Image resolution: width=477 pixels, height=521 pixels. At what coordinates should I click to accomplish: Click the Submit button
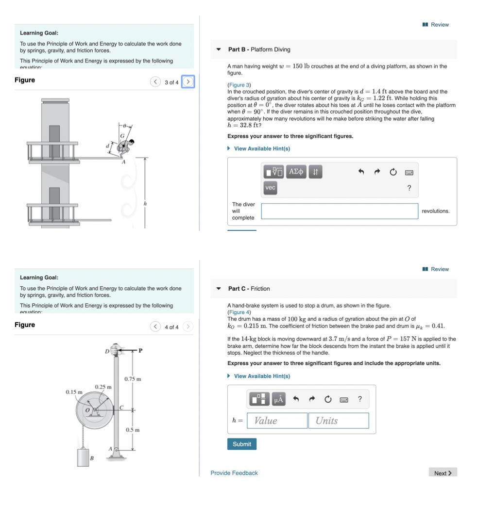[242, 444]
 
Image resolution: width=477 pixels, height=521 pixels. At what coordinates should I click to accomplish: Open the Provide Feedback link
[234, 473]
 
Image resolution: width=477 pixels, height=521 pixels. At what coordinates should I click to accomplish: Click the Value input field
[279, 421]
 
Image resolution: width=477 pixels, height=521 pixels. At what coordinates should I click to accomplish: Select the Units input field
[338, 421]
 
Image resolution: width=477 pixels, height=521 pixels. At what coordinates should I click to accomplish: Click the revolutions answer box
[339, 211]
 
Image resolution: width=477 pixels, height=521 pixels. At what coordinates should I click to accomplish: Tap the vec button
[271, 188]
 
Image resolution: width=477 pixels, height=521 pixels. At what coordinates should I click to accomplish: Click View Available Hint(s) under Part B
[262, 148]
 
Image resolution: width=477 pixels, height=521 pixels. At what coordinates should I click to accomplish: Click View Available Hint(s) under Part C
[262, 376]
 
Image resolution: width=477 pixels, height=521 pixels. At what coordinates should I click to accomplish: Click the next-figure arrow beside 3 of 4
[188, 82]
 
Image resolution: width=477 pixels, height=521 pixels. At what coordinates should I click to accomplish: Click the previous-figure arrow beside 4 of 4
[155, 327]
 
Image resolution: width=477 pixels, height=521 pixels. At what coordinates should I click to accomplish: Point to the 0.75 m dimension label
[133, 378]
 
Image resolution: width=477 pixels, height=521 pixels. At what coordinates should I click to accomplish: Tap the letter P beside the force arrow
[140, 350]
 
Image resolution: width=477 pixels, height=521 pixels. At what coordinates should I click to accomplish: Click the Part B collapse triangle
[219, 49]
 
